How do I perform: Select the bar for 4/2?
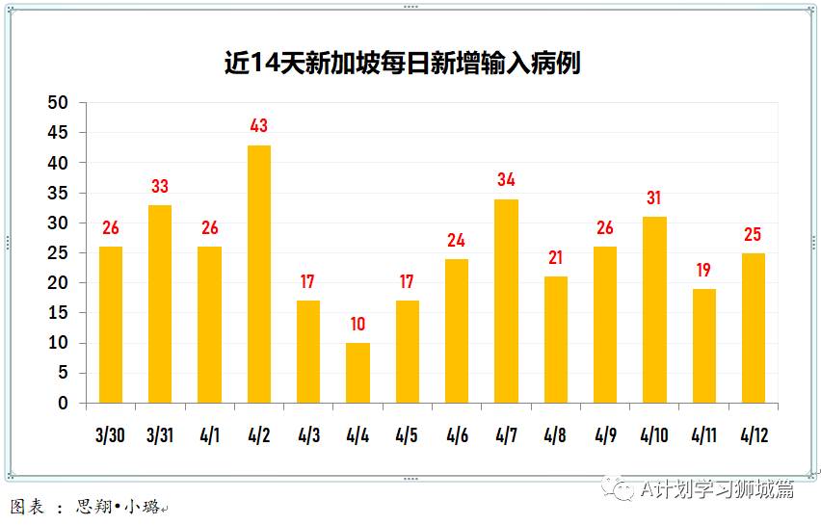259,274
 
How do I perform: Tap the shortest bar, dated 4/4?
358,373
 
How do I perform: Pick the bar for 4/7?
506,301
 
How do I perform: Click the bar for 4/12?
754,328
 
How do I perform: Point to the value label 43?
258,125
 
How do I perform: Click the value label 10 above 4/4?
358,324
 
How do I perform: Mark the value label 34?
506,179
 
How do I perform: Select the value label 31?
654,197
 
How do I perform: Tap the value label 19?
703,270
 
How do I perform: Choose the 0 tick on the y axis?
63,404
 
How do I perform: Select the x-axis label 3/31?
160,435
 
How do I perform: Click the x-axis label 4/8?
555,435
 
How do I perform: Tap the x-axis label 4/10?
654,435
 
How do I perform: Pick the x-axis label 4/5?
407,435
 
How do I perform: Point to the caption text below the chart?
87,507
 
